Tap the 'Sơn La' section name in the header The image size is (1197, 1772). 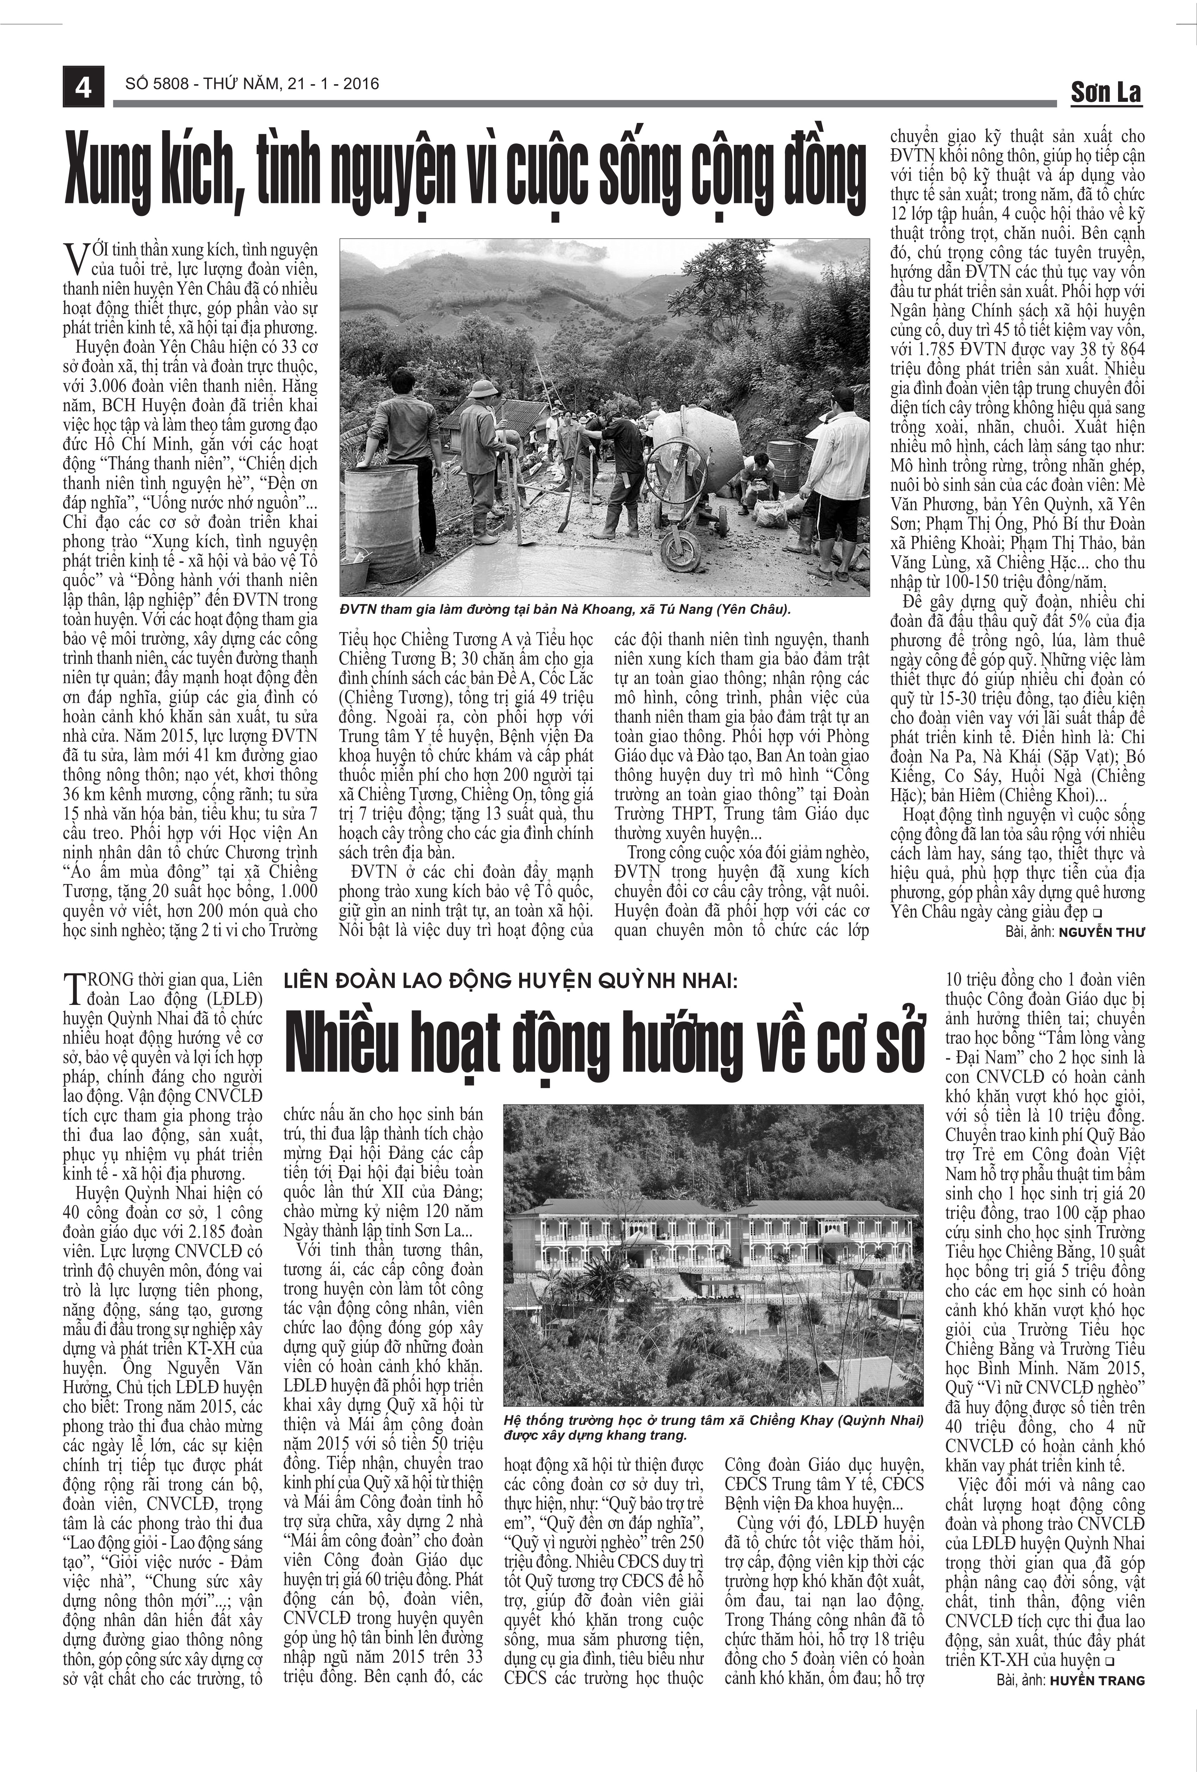(1105, 93)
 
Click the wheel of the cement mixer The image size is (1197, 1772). (679, 549)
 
